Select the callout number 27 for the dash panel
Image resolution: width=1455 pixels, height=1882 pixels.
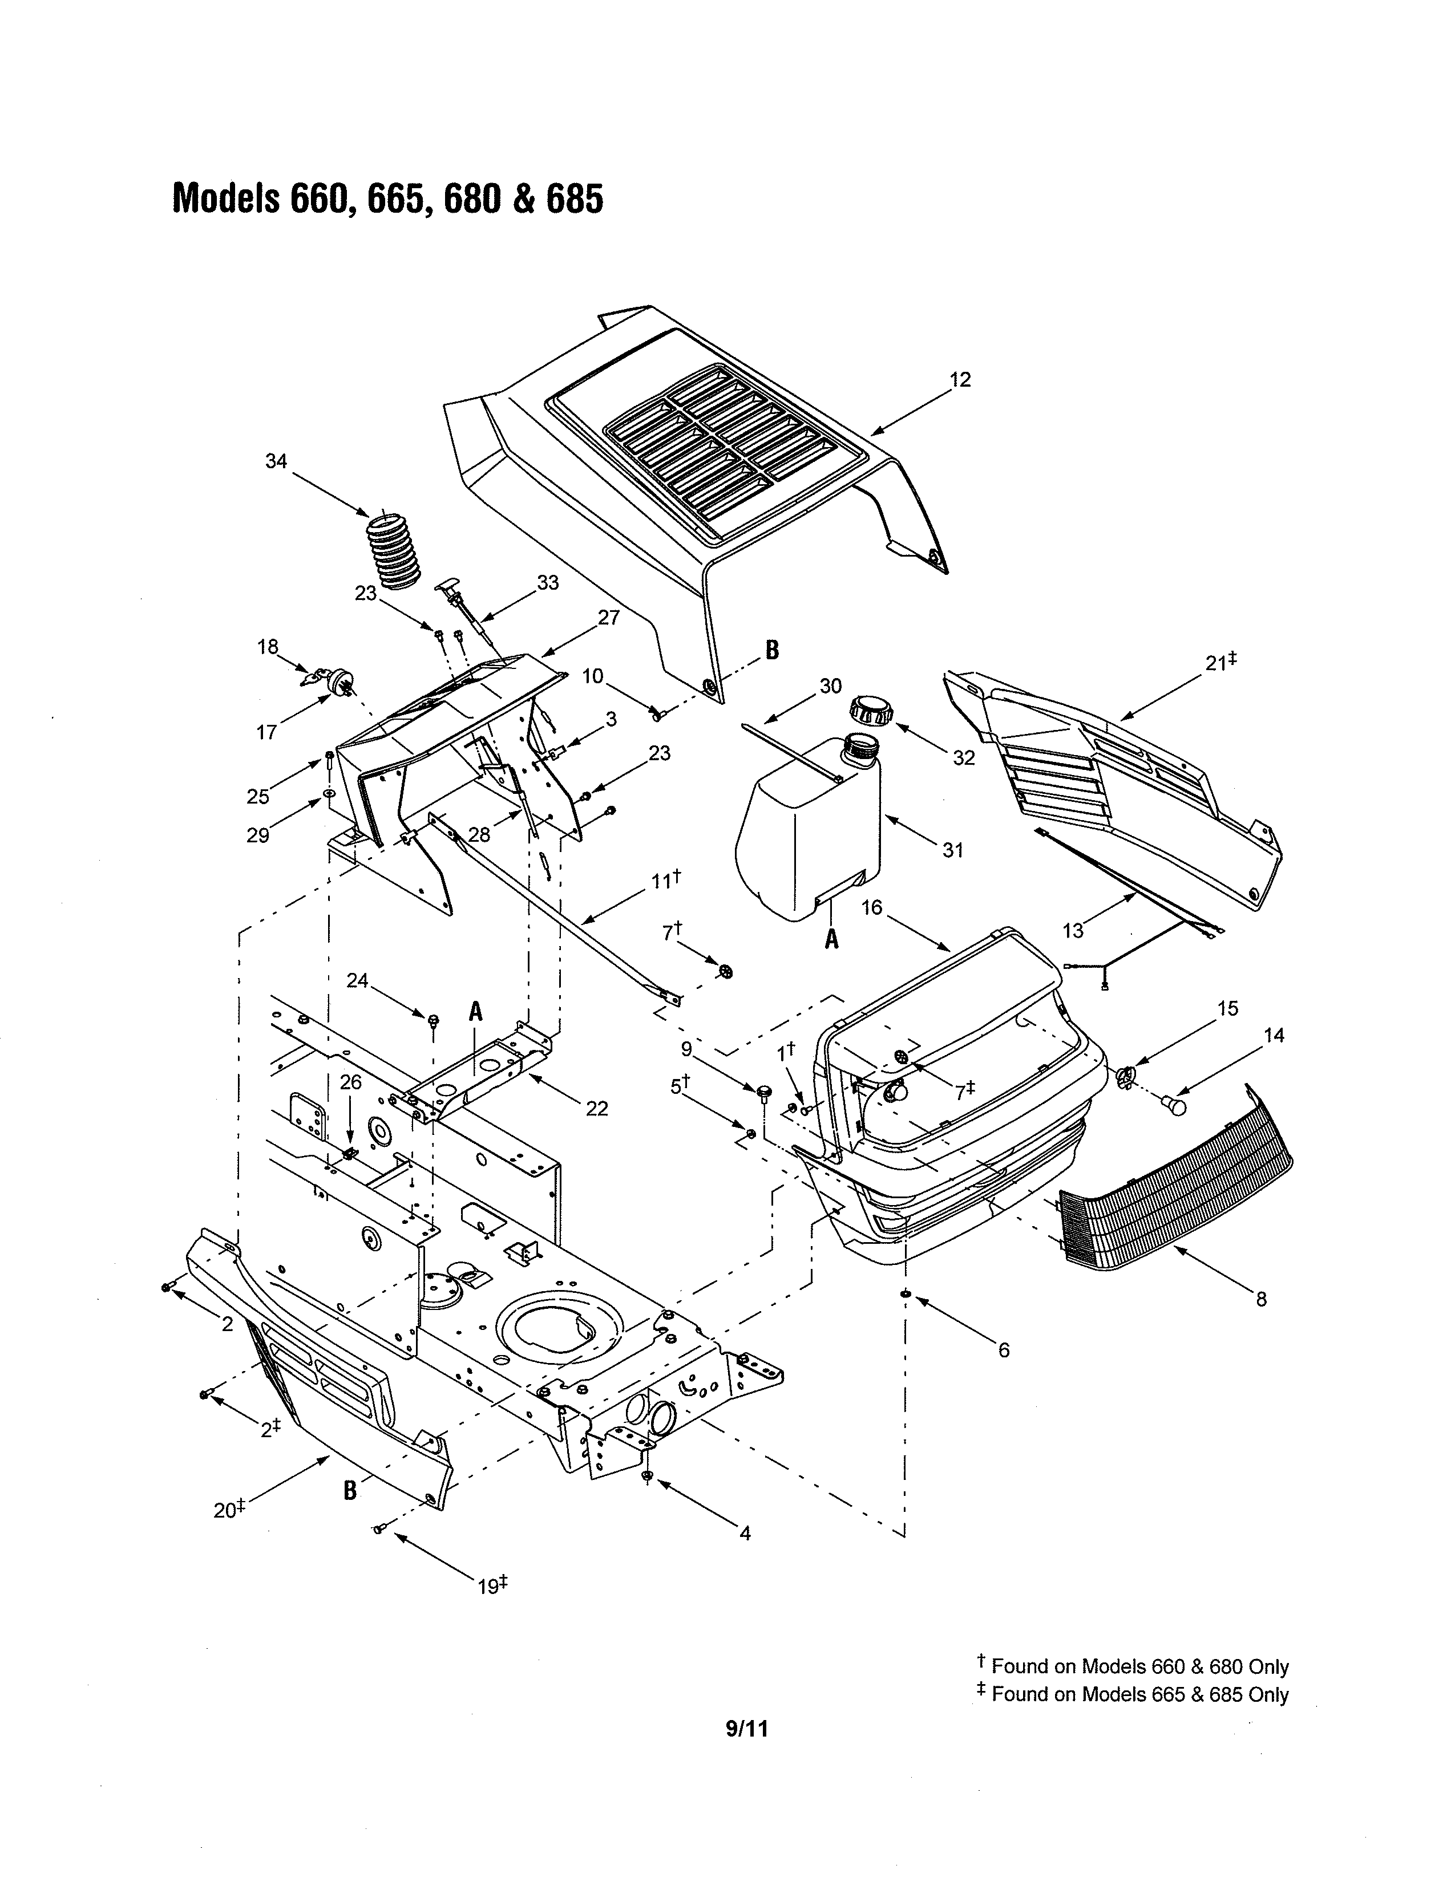tap(609, 618)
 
